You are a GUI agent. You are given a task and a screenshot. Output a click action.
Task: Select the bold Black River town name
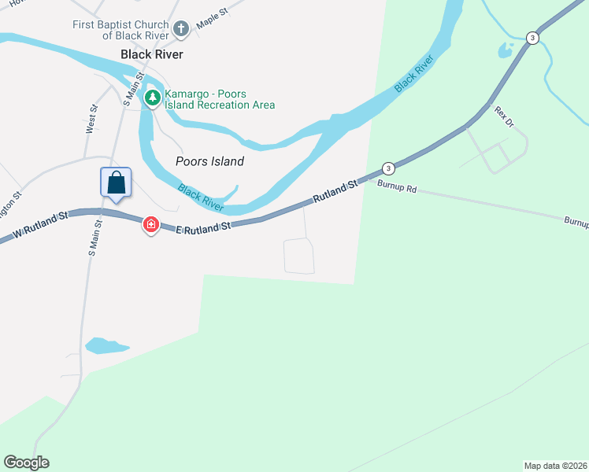[x=152, y=54]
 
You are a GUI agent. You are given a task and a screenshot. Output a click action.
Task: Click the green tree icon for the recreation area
[x=152, y=98]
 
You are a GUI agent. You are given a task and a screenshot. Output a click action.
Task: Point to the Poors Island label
[x=209, y=161]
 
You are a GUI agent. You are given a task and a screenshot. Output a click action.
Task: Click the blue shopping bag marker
[x=116, y=183]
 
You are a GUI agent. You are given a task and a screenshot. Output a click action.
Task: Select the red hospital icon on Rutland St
[x=150, y=226]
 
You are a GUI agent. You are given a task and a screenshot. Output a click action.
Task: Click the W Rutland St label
[x=39, y=227]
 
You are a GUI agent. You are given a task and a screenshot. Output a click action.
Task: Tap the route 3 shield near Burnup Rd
[x=387, y=168]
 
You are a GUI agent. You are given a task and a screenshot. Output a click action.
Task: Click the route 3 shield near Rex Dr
[x=533, y=38]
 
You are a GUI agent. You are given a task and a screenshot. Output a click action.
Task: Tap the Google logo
[x=26, y=462]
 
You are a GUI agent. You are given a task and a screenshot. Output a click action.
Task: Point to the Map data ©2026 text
[x=555, y=465]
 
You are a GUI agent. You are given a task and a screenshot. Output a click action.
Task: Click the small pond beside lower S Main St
[x=106, y=345]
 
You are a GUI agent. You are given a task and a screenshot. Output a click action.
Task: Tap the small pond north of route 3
[x=505, y=51]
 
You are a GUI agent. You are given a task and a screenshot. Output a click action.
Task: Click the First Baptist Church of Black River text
[x=120, y=31]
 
